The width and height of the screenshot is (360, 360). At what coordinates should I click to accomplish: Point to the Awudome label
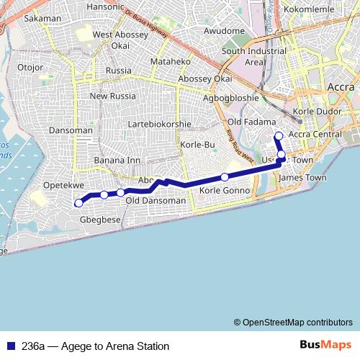point(224,31)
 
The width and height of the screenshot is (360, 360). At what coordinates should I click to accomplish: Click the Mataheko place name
point(169,62)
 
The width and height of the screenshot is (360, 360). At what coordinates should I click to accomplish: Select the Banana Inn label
point(117,160)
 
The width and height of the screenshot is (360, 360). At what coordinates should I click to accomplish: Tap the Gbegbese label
point(99,220)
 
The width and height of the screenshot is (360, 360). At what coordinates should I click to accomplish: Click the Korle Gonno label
point(225,191)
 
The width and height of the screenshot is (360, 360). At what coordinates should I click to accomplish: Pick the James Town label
point(302,178)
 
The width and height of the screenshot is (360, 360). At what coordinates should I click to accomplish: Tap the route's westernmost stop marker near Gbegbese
point(78,203)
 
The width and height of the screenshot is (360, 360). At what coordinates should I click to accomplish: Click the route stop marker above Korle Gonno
point(225,177)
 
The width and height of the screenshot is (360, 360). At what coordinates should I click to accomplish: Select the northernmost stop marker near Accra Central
point(279,136)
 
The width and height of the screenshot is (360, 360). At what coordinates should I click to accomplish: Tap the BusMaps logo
point(325,346)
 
